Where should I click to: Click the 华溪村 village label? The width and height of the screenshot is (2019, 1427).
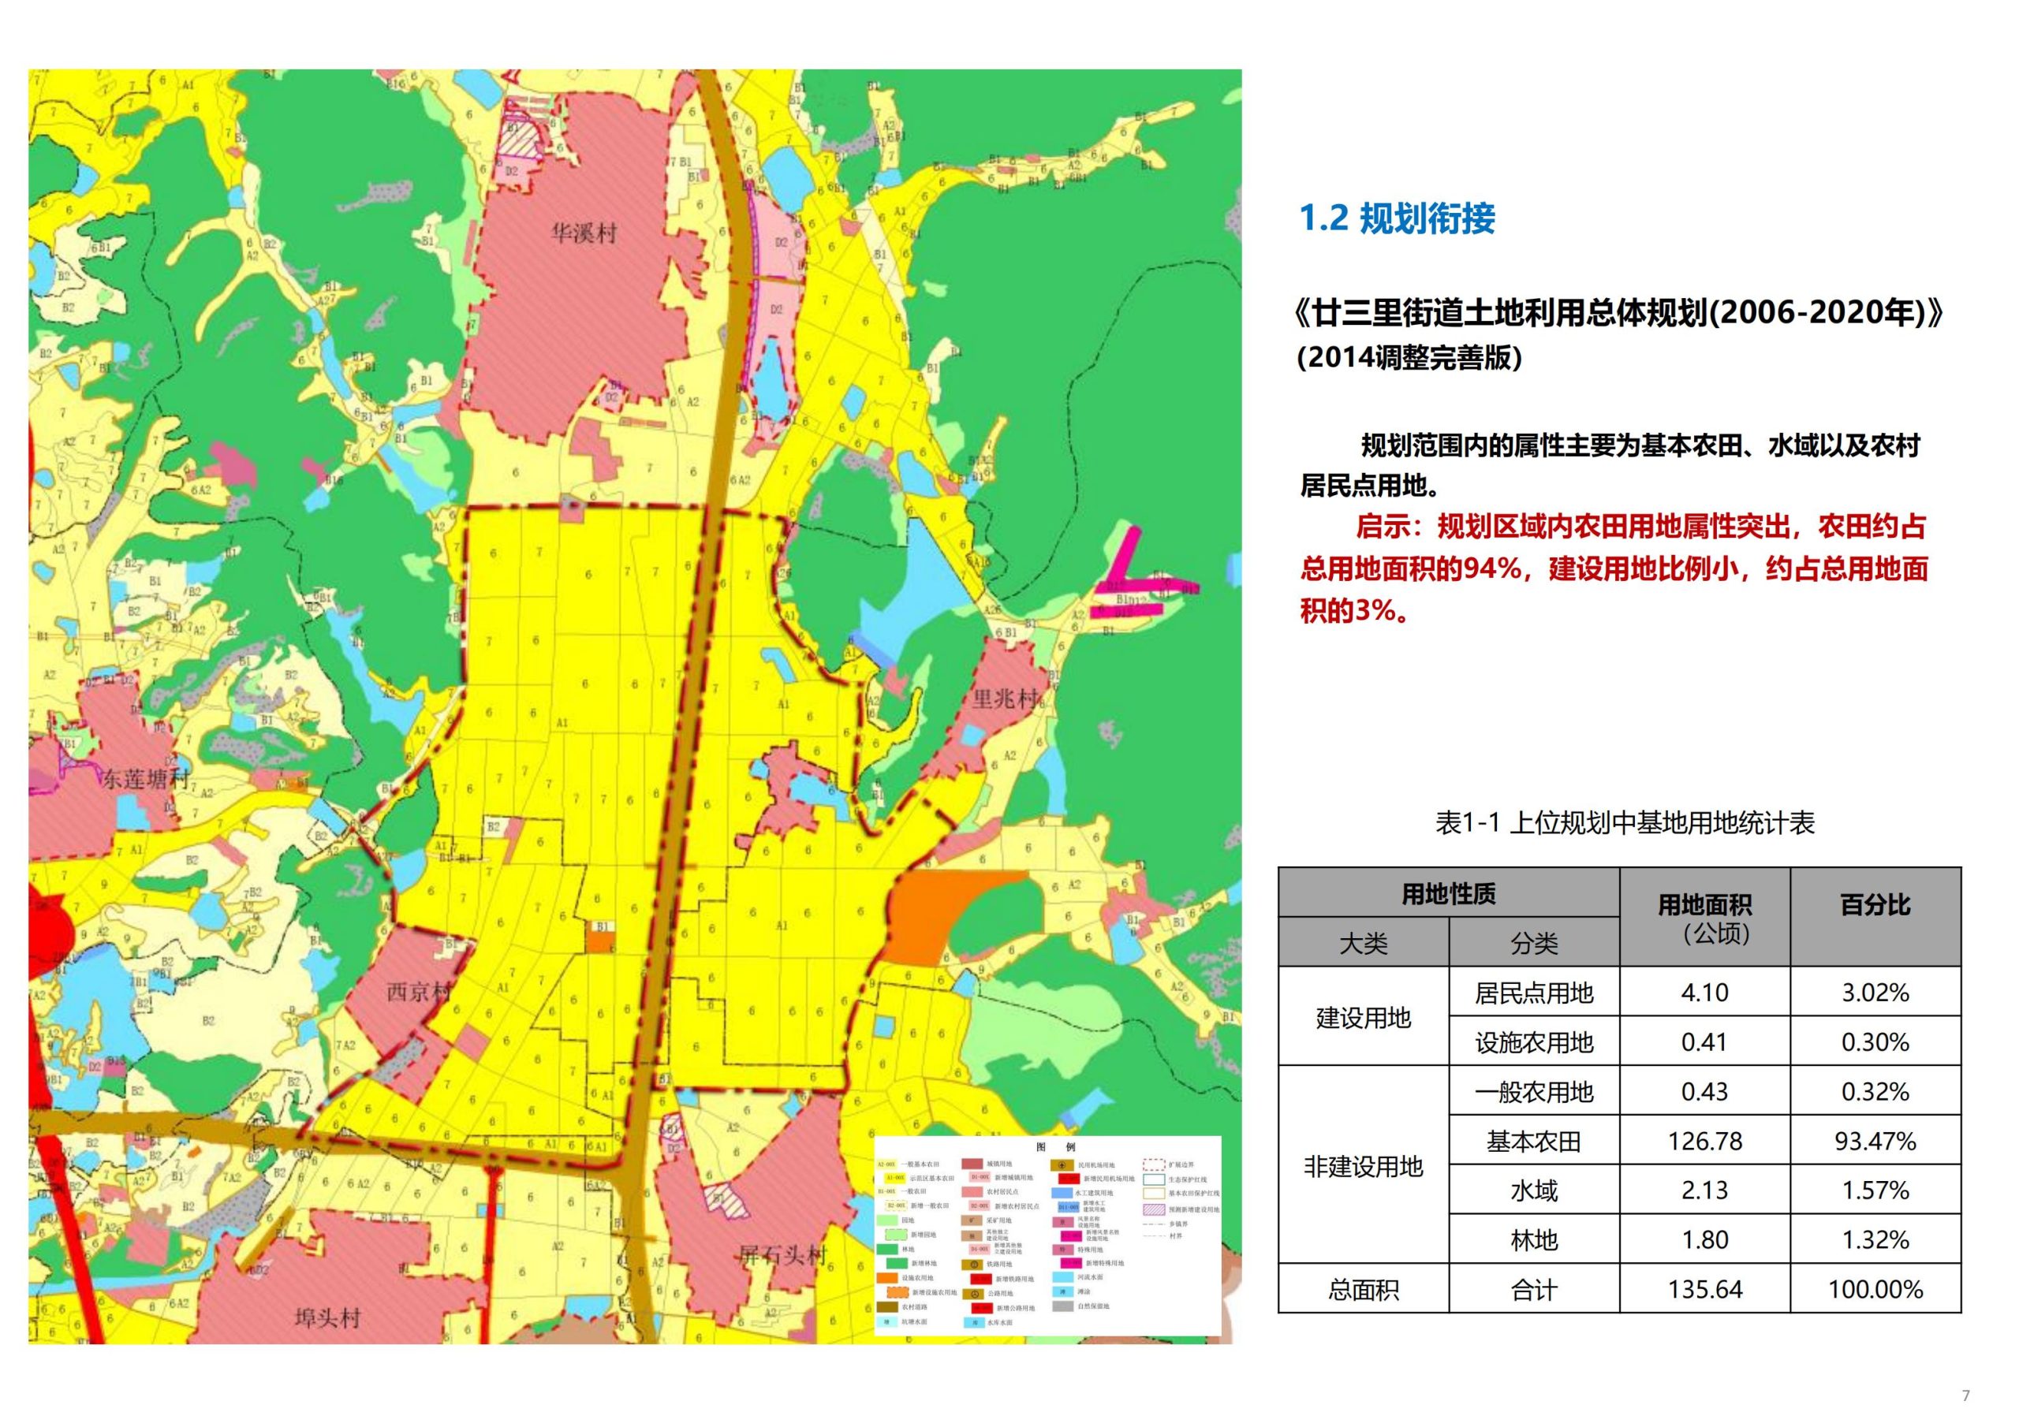(x=584, y=234)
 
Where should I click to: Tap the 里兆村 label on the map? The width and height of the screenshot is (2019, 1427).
(x=1005, y=699)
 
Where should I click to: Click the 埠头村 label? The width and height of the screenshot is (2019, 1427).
(x=327, y=1318)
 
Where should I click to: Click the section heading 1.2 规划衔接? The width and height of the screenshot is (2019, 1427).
(x=1397, y=218)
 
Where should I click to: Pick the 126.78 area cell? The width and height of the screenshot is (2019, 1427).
(x=1704, y=1142)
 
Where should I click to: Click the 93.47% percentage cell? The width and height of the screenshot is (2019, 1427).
(x=1875, y=1142)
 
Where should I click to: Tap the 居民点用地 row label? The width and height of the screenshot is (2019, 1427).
(x=1534, y=993)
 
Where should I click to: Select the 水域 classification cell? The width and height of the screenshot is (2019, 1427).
(x=1534, y=1190)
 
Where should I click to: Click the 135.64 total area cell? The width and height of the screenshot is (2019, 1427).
(x=1704, y=1290)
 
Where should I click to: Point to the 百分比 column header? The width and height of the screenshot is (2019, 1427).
(x=1875, y=905)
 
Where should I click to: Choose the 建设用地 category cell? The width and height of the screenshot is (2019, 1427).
(x=1363, y=1017)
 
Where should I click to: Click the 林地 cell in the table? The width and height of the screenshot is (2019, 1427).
(x=1534, y=1239)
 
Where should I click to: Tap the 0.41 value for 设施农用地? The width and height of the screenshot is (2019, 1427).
(x=1704, y=1042)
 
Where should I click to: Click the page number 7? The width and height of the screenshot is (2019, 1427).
(x=1966, y=1395)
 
